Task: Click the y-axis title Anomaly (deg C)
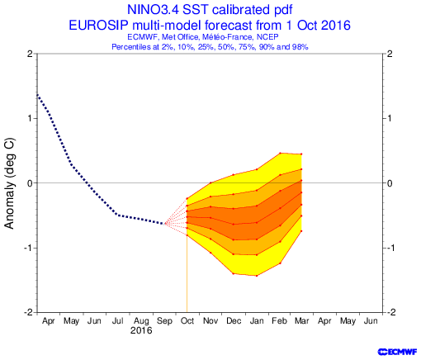click(x=9, y=183)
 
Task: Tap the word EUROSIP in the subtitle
click(x=98, y=26)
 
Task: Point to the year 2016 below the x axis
click(x=141, y=330)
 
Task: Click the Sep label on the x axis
click(x=164, y=321)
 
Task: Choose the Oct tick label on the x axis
click(x=187, y=321)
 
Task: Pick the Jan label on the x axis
click(x=257, y=321)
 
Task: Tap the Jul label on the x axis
click(x=117, y=321)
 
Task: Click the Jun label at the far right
click(x=371, y=321)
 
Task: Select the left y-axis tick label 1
click(x=31, y=118)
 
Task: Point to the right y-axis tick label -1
click(x=390, y=248)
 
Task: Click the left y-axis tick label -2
click(x=28, y=313)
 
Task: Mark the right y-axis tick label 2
click(x=390, y=54)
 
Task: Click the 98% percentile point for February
click(x=280, y=153)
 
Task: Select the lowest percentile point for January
click(x=257, y=276)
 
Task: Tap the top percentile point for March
click(x=301, y=154)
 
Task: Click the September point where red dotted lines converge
click(x=166, y=224)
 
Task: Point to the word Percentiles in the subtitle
click(x=129, y=47)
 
